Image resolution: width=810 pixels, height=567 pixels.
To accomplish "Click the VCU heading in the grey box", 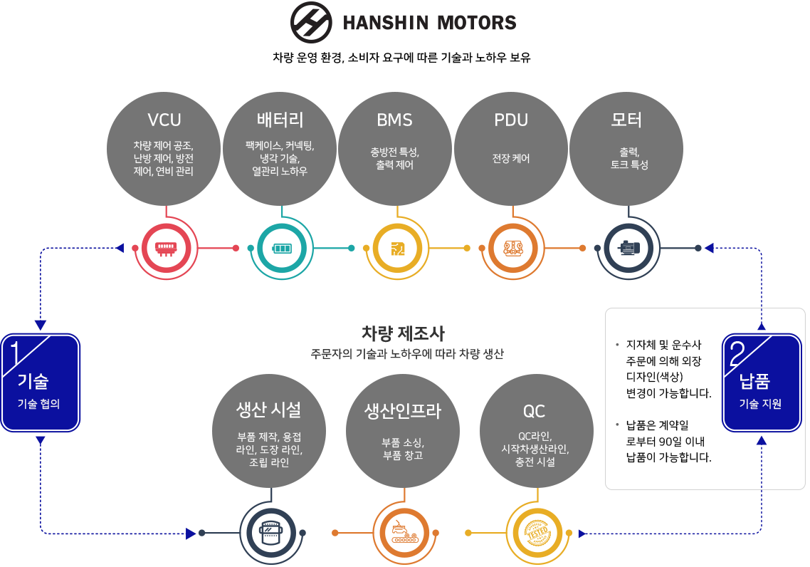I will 164,119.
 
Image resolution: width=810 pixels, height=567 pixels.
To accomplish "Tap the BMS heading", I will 395,120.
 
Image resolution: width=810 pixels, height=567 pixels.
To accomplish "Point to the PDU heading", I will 511,120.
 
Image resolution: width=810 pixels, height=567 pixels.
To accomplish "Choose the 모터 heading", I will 626,119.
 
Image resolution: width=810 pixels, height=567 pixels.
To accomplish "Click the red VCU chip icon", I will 165,249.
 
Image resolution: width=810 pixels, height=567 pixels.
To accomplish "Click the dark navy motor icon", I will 628,249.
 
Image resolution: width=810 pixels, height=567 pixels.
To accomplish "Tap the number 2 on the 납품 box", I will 737,351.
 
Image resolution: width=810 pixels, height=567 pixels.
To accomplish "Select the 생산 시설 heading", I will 268,410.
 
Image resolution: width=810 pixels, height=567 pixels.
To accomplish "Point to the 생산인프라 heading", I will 402,411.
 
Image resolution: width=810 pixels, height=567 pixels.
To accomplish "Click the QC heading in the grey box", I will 535,411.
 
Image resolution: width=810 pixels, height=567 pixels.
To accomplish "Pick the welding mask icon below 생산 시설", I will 268,533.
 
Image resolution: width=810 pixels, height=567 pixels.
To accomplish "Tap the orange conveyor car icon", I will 402,534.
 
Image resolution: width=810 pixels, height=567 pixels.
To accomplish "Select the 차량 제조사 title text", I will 403,333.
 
